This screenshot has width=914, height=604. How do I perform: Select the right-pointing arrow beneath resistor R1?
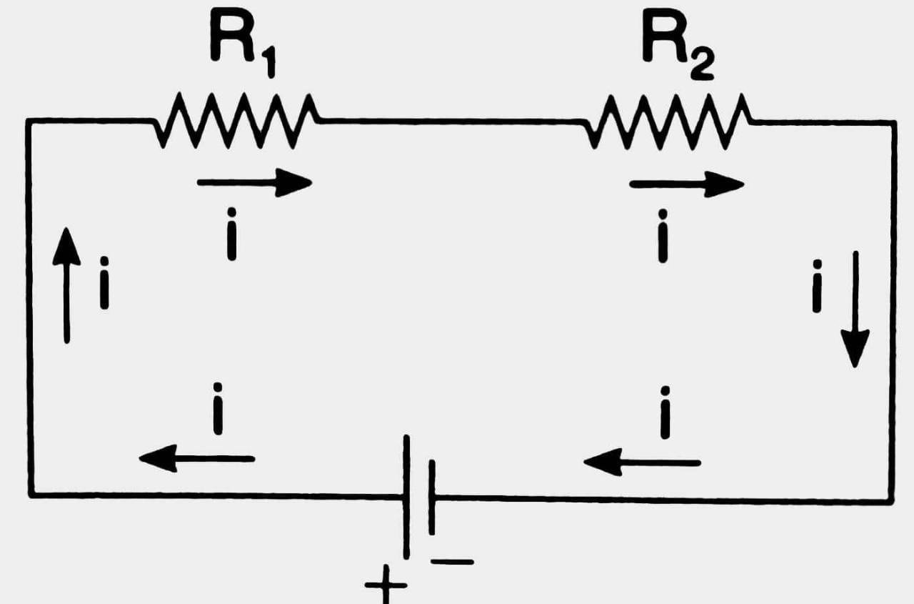pyautogui.click(x=254, y=183)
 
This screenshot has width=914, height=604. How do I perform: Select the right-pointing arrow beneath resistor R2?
pyautogui.click(x=686, y=184)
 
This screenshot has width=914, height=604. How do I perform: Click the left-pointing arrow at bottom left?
pyautogui.click(x=196, y=457)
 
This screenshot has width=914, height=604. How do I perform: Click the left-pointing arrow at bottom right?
pyautogui.click(x=641, y=462)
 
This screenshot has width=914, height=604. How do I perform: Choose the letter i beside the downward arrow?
pyautogui.click(x=817, y=285)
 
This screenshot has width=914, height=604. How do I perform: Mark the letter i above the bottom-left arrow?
pyautogui.click(x=218, y=408)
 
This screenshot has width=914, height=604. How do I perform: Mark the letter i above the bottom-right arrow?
pyautogui.click(x=665, y=412)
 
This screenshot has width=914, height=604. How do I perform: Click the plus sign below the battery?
pyautogui.click(x=386, y=588)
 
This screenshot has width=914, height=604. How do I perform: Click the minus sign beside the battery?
pyautogui.click(x=452, y=562)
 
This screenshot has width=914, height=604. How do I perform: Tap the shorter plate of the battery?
pyautogui.click(x=431, y=497)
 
